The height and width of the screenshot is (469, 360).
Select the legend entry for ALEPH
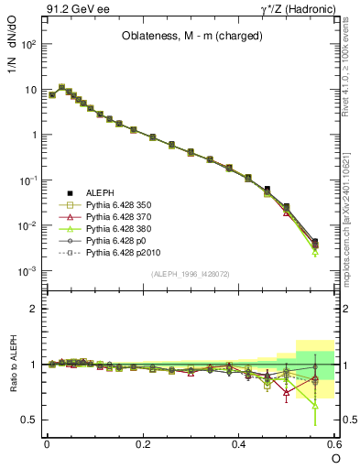click(x=101, y=193)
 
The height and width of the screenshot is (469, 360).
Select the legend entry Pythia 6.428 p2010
click(x=128, y=251)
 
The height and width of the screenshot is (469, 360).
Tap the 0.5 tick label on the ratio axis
click(x=29, y=420)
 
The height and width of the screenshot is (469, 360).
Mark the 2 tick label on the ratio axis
click(x=33, y=309)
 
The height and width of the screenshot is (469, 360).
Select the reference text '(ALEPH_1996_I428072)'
click(x=190, y=274)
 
